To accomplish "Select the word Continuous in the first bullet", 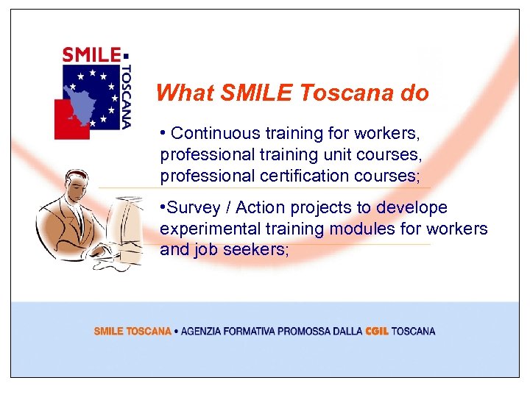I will (x=210, y=134).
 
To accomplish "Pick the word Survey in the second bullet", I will (x=191, y=208).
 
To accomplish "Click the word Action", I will (x=258, y=208).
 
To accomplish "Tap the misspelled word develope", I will (x=411, y=208).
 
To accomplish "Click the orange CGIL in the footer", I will (x=377, y=332).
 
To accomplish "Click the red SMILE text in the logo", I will (x=91, y=54).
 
